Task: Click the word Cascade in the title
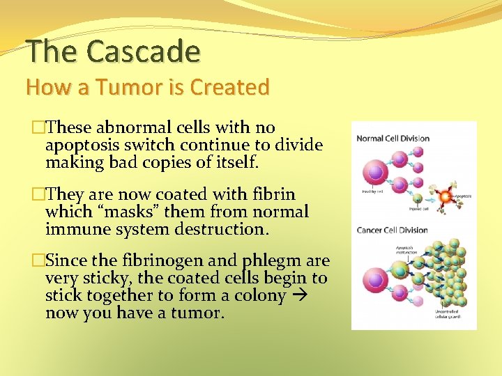pos(144,51)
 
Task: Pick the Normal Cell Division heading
pos(393,138)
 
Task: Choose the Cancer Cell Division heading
pos(393,230)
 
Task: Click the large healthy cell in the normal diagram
pos(376,171)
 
